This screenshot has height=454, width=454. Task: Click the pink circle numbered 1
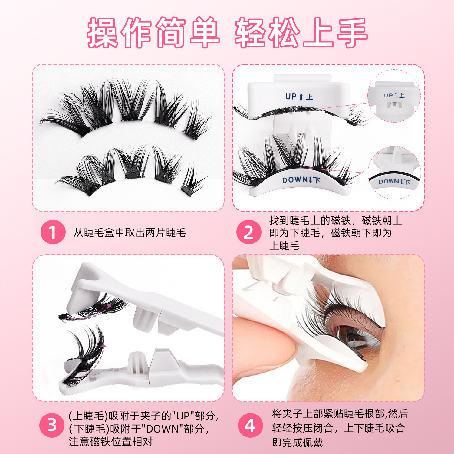[x=53, y=232]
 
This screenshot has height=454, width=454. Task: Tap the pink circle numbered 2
[x=249, y=232]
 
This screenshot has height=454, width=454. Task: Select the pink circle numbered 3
[x=52, y=425]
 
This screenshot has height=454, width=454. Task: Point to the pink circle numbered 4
[x=250, y=425]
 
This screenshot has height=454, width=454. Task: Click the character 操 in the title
[x=103, y=32]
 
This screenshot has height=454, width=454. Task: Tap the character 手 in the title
[x=352, y=32]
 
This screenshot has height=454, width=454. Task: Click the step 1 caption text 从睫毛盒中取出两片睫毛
[x=130, y=232]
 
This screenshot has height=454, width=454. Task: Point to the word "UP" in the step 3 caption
[x=183, y=416]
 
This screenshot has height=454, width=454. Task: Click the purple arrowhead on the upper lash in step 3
[x=109, y=305]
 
